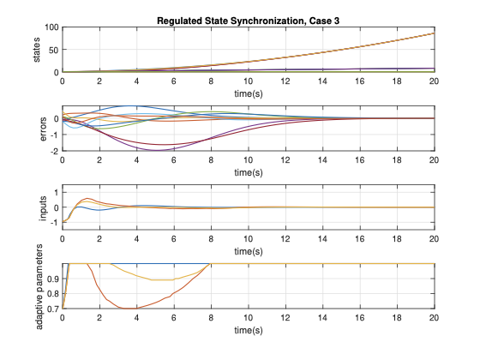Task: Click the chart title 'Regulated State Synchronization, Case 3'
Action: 249,21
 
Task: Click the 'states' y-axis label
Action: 37,50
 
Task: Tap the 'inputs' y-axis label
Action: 37,207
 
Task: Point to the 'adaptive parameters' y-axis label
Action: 37,286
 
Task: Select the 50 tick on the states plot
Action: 52,50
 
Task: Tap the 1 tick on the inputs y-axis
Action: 56,191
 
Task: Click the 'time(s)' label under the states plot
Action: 249,93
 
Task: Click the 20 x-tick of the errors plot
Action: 435,161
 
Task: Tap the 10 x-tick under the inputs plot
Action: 249,240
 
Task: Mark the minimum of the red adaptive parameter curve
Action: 129,308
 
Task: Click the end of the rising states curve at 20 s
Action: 435,33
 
